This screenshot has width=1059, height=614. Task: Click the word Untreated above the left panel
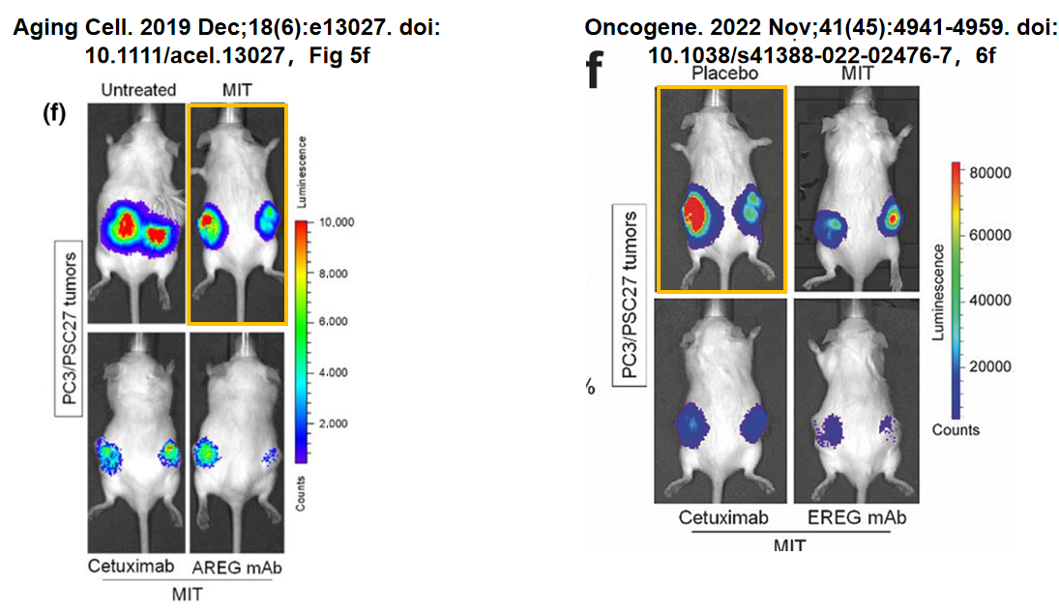click(x=138, y=90)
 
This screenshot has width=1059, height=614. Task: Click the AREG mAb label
click(x=237, y=567)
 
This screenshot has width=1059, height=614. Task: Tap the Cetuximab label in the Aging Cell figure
click(x=132, y=567)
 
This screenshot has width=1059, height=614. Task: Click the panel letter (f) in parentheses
click(x=54, y=113)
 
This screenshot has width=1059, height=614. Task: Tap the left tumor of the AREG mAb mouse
click(x=205, y=452)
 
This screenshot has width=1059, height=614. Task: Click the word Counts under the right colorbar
click(x=956, y=430)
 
